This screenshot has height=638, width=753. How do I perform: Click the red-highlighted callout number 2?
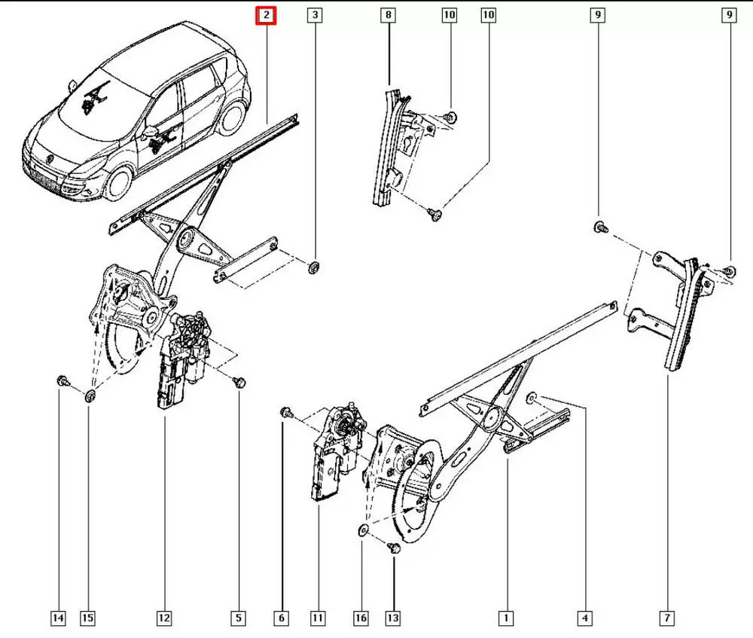267,15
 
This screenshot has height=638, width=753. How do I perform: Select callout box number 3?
315,15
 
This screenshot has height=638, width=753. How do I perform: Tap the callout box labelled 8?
388,15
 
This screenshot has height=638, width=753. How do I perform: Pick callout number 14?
58,618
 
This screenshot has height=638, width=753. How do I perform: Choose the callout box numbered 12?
164,618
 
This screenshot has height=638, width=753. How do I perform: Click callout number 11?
318,618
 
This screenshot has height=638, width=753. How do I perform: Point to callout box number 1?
507,618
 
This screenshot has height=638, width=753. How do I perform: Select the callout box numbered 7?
666,618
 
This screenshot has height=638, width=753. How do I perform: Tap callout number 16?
361,618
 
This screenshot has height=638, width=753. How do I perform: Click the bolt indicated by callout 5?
239,382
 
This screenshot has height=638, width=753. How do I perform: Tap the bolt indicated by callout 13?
393,548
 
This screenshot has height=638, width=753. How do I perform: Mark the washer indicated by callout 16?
362,530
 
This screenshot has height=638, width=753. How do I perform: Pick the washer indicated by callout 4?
532,396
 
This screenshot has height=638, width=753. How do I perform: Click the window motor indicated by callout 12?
181,359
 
